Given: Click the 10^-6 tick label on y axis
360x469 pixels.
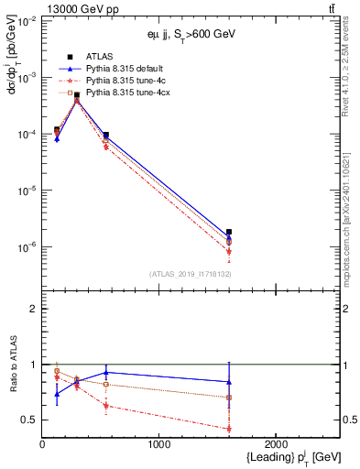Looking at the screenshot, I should (x=27, y=247).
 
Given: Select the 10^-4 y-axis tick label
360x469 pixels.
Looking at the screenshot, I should (x=27, y=135).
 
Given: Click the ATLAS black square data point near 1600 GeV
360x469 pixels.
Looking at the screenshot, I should (x=228, y=233).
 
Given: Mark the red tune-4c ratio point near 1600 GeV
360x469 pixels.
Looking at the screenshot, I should (x=228, y=429).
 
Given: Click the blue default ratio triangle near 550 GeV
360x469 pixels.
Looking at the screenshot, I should (x=106, y=373).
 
